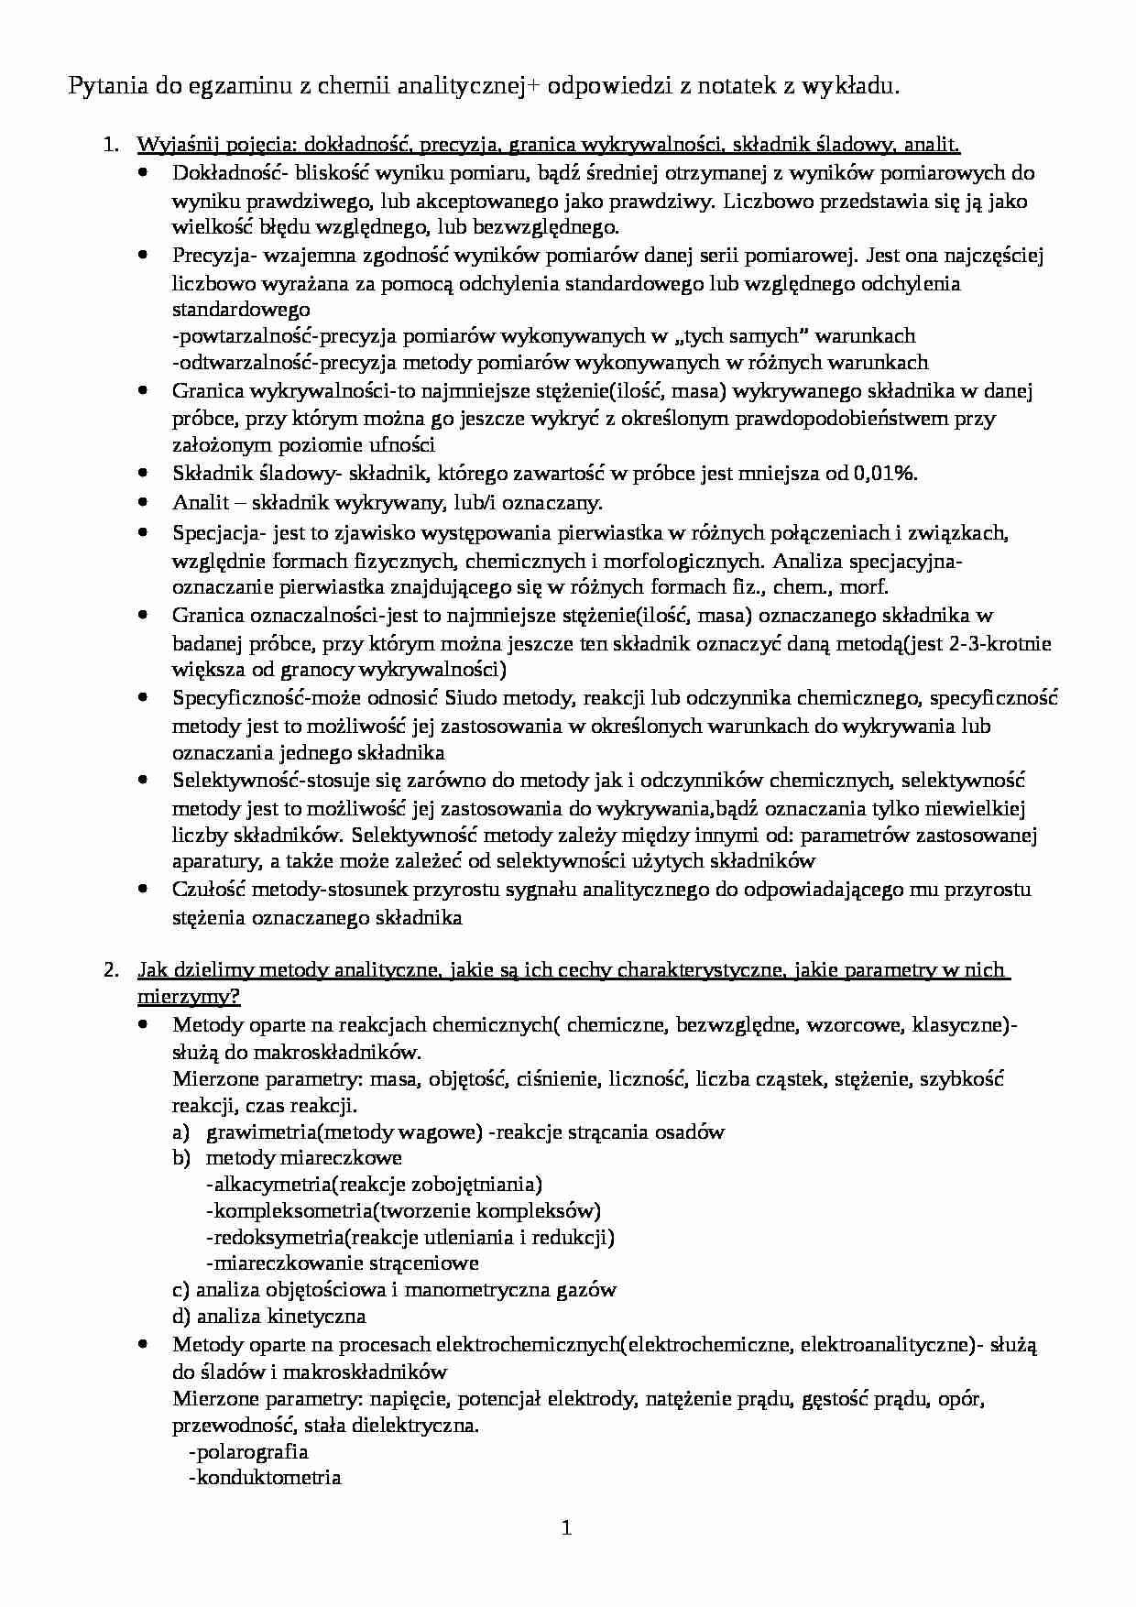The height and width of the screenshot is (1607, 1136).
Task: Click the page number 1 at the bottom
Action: [x=566, y=1528]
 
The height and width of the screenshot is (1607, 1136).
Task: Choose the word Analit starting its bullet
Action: [x=194, y=502]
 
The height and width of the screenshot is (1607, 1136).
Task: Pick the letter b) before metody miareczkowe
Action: [x=181, y=1158]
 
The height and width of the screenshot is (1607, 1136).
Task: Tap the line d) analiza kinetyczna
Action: [x=268, y=1317]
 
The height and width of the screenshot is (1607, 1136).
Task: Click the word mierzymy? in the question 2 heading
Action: [x=190, y=996]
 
